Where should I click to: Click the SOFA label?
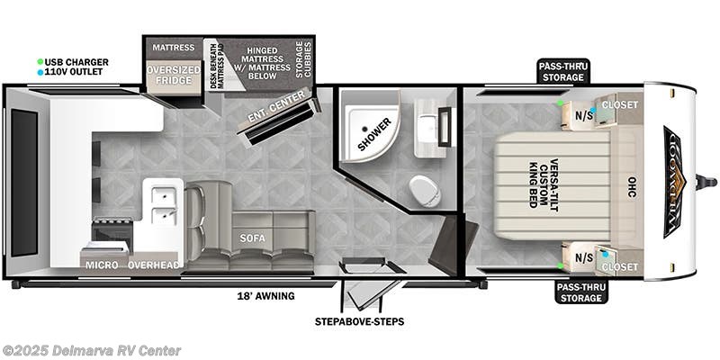[x=251, y=239]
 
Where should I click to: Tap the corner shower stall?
[x=369, y=135]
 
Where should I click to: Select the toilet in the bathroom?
[x=424, y=190]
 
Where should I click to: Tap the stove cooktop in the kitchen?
[x=112, y=233]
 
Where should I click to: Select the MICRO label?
[x=102, y=265]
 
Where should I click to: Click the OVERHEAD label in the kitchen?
[x=154, y=265]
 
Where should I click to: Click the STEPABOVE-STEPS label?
[x=359, y=320]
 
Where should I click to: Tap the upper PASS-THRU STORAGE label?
[x=563, y=72]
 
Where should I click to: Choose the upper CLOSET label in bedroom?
[x=620, y=105]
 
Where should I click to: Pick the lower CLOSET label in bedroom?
[x=620, y=267]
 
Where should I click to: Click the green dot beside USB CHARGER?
[x=40, y=62]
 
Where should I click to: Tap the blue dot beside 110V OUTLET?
[x=40, y=72]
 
